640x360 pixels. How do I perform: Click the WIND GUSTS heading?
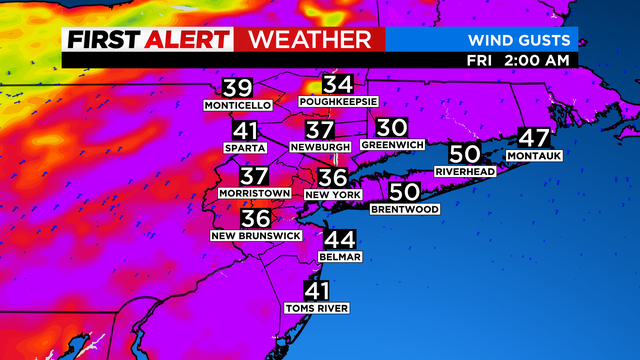click(521, 40)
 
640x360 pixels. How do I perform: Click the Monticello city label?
click(237, 106)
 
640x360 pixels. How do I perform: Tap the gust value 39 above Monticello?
click(237, 88)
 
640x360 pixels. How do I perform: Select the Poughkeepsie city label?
click(338, 102)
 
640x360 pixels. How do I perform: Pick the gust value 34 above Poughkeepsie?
click(338, 84)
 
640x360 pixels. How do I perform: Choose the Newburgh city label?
click(319, 146)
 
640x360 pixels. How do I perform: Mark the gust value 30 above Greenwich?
click(392, 128)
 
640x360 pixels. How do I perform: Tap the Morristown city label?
click(255, 192)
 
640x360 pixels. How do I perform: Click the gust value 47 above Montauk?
click(535, 138)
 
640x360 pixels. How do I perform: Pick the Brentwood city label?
click(405, 209)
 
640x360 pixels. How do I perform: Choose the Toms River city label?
click(317, 308)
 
